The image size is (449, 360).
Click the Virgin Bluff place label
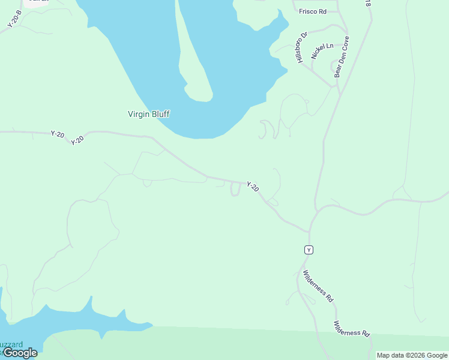149,113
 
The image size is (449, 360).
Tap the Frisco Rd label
313,11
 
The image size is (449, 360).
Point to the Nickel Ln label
321,51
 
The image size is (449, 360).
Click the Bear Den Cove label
342,56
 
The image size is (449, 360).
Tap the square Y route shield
309,250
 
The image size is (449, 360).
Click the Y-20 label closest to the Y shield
253,187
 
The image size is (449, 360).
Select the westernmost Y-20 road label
58,134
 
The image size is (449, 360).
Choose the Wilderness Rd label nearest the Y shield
318,286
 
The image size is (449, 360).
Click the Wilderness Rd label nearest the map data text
352,328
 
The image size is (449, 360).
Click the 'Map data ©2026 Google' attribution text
412,355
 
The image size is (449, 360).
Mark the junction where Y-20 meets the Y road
309,232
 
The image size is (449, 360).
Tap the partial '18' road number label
367,3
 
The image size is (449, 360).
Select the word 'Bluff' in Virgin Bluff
160,113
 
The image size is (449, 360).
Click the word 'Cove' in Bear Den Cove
345,43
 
